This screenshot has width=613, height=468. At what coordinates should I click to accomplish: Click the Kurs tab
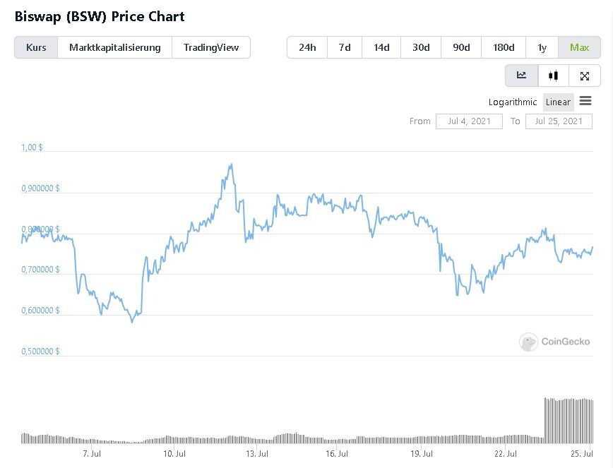point(36,48)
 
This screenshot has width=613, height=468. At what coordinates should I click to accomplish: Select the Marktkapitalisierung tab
point(114,48)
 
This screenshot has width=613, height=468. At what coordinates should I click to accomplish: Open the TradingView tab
point(211,48)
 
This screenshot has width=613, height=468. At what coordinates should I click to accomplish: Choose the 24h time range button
point(307,48)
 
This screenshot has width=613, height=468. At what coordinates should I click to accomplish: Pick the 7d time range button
point(345,48)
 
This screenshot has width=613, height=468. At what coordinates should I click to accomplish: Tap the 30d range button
point(421,48)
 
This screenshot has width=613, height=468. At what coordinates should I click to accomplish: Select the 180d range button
point(504,48)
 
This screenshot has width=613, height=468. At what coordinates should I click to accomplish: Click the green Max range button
point(579,48)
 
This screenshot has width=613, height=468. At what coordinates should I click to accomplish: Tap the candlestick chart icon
point(553,76)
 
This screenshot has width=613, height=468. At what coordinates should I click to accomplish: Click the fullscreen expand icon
point(585,76)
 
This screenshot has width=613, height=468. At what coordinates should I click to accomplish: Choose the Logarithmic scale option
point(513,102)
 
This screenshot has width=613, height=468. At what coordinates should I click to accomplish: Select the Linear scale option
point(558,102)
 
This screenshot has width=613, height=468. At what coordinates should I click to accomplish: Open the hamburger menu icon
point(585,101)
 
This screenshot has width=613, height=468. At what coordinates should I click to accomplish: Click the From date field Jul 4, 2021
point(469,121)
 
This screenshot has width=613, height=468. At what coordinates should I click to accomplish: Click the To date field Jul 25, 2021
point(559,121)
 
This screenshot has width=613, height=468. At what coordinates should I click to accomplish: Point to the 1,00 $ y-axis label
point(32,148)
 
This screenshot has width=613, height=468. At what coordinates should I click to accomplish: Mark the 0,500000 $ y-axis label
point(40,352)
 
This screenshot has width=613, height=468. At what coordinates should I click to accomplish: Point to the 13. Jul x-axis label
point(257,454)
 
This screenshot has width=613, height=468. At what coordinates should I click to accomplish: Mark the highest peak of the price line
point(232,164)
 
